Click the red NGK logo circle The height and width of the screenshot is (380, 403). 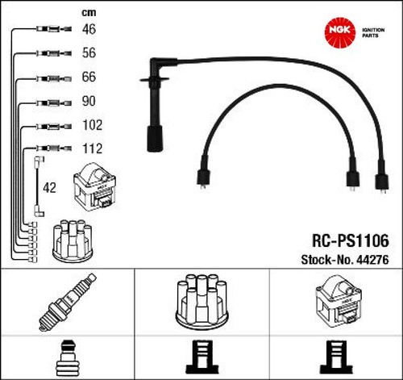[340, 31]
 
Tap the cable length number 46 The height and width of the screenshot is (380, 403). [89, 29]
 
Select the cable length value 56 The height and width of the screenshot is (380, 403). [89, 52]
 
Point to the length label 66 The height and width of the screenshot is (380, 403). [89, 77]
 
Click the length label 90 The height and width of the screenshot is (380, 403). [89, 101]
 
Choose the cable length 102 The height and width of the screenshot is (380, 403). [93, 125]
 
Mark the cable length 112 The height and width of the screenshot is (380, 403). [93, 148]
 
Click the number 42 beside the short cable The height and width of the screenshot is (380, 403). [49, 188]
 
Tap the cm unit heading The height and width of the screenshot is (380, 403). [89, 13]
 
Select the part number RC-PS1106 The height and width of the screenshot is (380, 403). [351, 240]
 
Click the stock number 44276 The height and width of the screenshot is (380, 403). [372, 260]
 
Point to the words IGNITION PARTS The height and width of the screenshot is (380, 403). [373, 33]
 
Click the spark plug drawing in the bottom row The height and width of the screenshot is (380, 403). [68, 302]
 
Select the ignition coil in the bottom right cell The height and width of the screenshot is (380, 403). [339, 301]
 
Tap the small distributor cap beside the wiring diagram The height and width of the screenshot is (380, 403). [73, 241]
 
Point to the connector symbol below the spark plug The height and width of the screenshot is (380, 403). [68, 358]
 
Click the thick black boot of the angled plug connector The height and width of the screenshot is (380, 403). [155, 138]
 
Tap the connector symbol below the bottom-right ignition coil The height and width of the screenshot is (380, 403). [337, 357]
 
